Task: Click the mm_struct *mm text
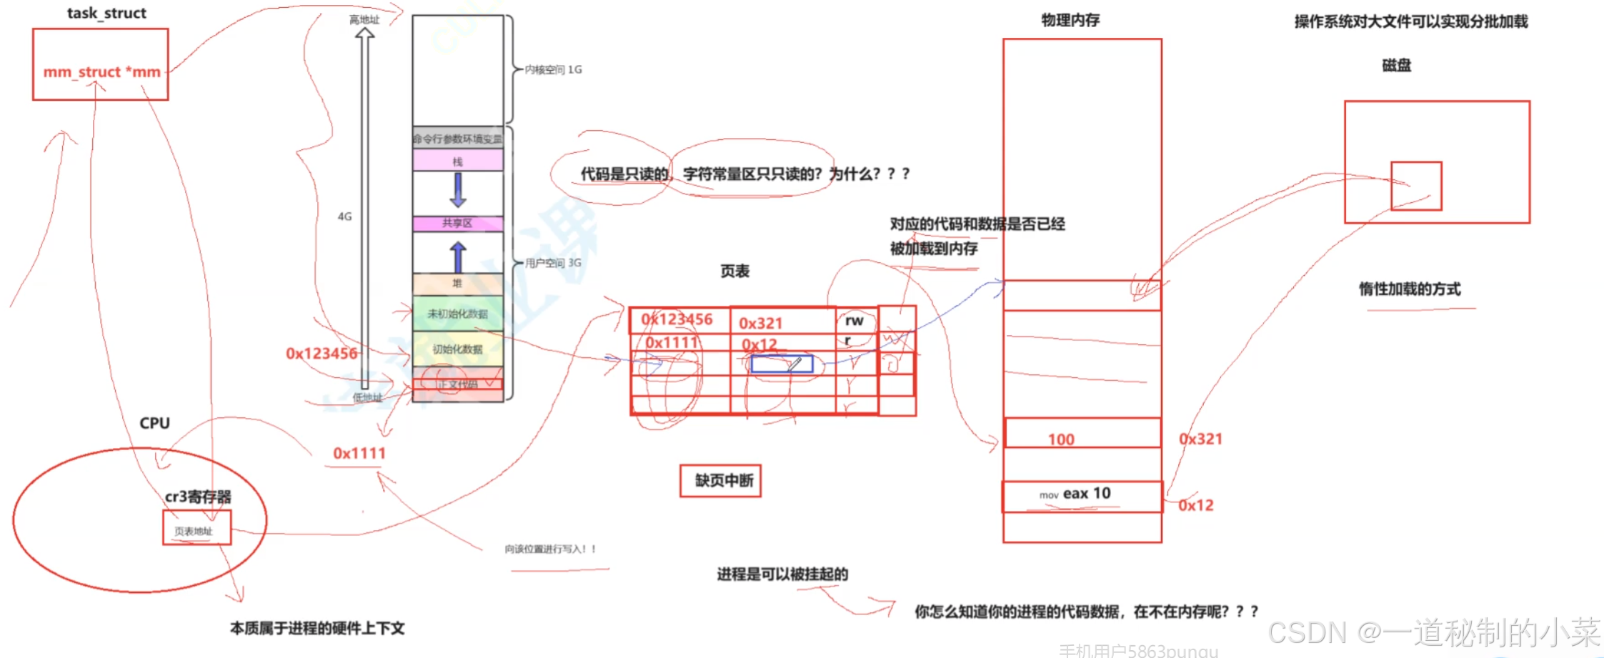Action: click(101, 72)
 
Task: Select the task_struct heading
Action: click(106, 13)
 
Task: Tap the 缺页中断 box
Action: click(720, 481)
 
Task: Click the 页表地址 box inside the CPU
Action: click(196, 529)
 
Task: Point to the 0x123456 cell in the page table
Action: click(677, 319)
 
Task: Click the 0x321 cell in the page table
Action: click(761, 323)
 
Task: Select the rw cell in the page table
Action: click(855, 321)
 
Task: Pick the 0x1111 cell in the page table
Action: click(672, 343)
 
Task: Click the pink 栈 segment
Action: click(457, 161)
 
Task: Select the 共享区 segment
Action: click(457, 224)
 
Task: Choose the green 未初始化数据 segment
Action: click(457, 314)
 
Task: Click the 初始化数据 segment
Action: click(457, 349)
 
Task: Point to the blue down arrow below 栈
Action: click(458, 189)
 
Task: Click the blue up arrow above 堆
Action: click(458, 256)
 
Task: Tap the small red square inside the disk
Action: click(1416, 186)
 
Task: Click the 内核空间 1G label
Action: click(553, 69)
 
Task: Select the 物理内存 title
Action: click(1070, 20)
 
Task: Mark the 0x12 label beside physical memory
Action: click(1196, 505)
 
